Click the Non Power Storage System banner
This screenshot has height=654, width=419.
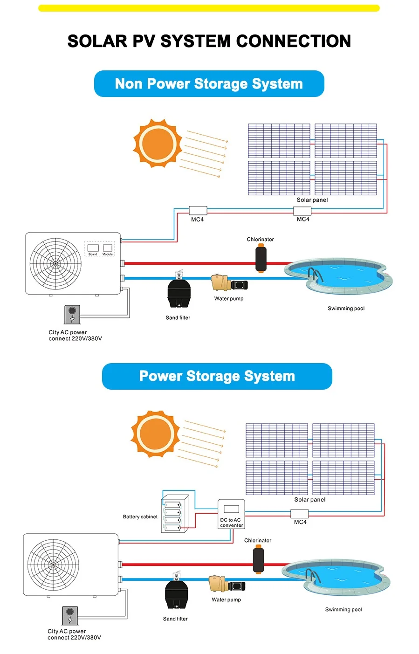coord(209,84)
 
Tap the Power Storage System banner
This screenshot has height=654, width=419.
coord(217,376)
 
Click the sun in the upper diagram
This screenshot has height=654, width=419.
coord(158,143)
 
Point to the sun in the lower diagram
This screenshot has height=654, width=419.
coord(155,434)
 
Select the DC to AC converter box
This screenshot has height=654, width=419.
coord(231,514)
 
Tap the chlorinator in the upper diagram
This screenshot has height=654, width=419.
coord(261,259)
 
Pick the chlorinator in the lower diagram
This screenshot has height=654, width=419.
coord(258,560)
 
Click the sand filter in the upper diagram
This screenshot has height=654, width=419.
coord(178,292)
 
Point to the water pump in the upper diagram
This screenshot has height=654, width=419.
coord(229,283)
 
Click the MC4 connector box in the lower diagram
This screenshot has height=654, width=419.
coord(299,514)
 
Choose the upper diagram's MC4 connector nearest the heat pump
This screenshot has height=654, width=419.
coord(198,211)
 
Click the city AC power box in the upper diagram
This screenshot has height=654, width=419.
coord(72,314)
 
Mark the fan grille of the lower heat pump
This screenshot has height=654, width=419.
coord(53,565)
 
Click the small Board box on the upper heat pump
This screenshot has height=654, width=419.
coord(93,248)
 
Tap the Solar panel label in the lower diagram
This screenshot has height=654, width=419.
coord(310,500)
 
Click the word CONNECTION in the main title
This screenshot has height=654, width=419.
coord(293,41)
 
